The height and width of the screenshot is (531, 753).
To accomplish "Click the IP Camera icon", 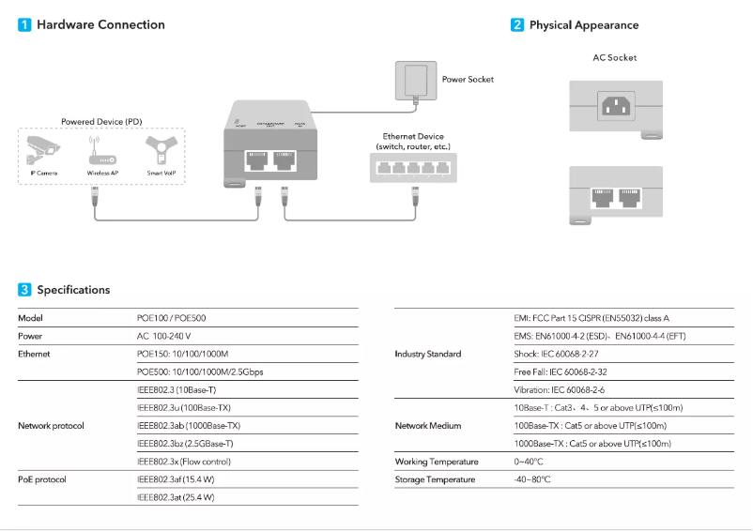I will (42, 151).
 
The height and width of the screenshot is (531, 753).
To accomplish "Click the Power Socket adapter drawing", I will (414, 79).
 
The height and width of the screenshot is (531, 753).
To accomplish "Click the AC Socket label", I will (614, 58).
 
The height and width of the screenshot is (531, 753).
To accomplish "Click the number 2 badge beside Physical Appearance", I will (517, 25).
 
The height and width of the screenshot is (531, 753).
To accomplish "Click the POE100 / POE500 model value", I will (172, 318).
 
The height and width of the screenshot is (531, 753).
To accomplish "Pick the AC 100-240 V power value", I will (164, 336).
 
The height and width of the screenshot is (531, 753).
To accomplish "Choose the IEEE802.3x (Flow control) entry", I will (184, 462).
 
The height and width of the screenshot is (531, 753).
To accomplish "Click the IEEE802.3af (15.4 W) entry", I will (176, 479).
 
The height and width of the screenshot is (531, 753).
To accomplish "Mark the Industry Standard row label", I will (428, 355).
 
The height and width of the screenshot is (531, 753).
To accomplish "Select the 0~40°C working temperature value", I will (529, 462).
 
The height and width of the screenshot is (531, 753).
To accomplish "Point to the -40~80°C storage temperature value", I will (531, 479).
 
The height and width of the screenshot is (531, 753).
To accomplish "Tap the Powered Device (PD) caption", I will (100, 122).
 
